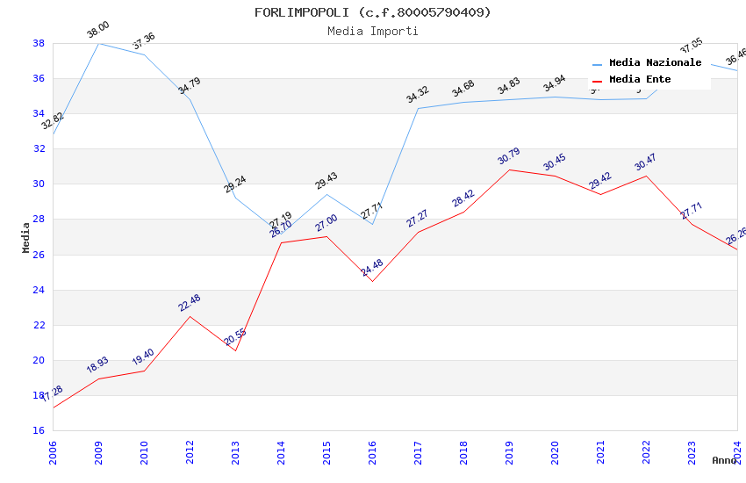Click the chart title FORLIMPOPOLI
pyautogui.click(x=373, y=12)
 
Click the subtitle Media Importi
pyautogui.click(x=373, y=31)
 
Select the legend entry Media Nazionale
pyautogui.click(x=655, y=63)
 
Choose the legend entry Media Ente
pyautogui.click(x=640, y=80)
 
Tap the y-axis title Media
pyautogui.click(x=26, y=237)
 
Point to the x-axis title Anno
pyautogui.click(x=724, y=460)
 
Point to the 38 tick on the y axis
pyautogui.click(x=39, y=43)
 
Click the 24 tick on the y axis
pyautogui.click(x=39, y=290)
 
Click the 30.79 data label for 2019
pyautogui.click(x=509, y=157)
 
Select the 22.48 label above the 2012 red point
pyautogui.click(x=190, y=303)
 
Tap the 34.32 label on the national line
pyautogui.click(x=418, y=95)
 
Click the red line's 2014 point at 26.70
pyautogui.click(x=281, y=242)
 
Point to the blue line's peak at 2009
pyautogui.click(x=98, y=43)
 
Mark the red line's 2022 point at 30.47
pyautogui.click(x=646, y=176)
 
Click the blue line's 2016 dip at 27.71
pyautogui.click(x=372, y=224)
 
